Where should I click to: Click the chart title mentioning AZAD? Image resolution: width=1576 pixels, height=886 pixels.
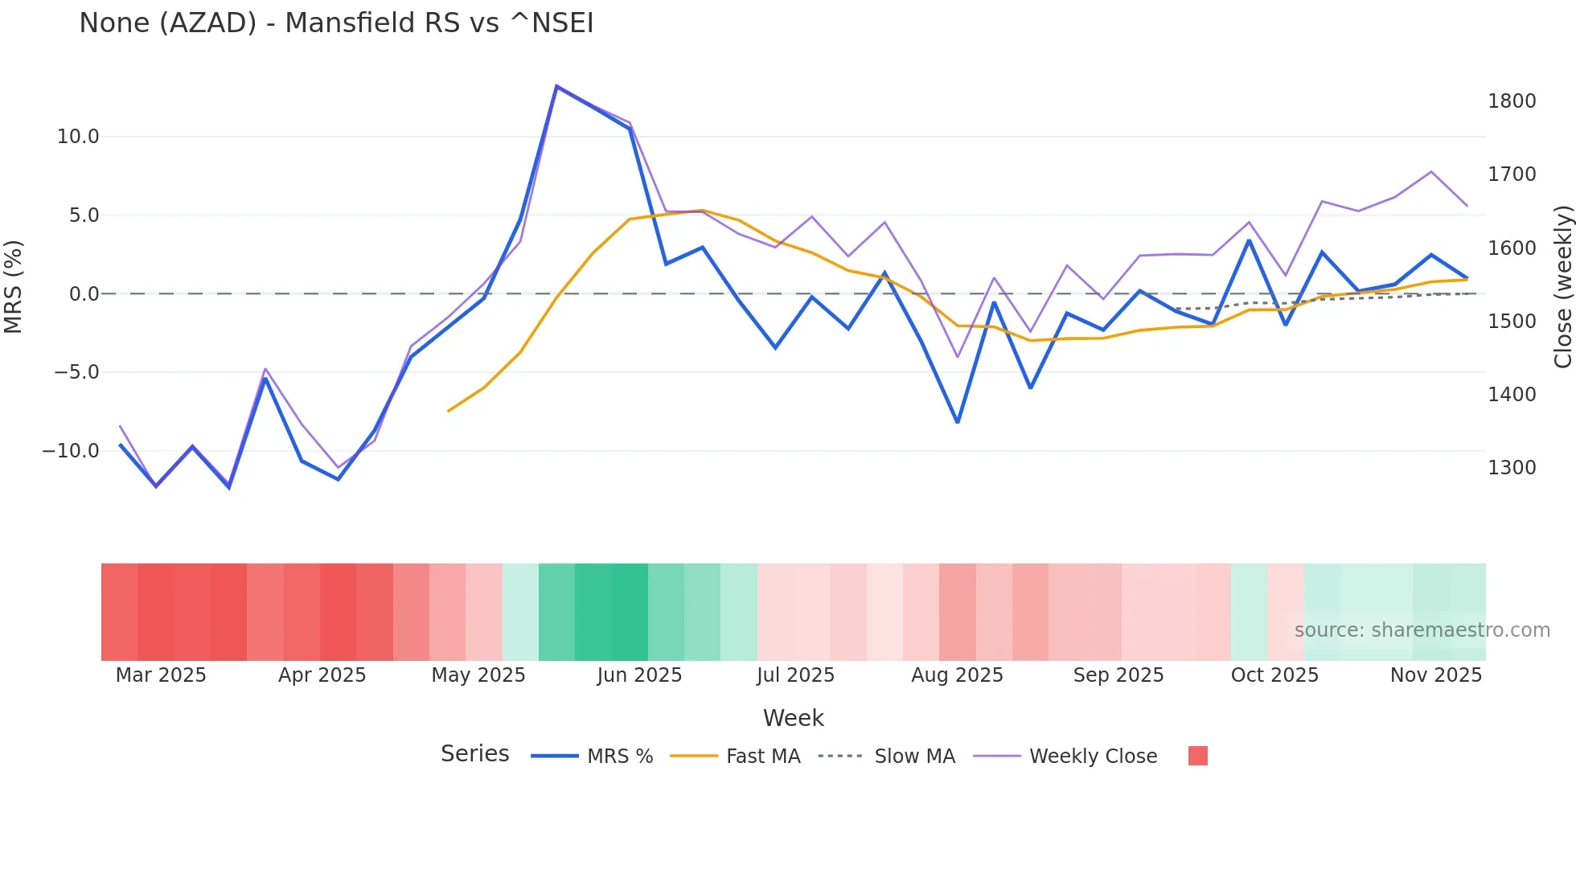(336, 23)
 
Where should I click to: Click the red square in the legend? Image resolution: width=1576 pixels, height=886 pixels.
(1197, 756)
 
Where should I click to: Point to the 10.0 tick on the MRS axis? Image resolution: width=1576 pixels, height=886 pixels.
(78, 137)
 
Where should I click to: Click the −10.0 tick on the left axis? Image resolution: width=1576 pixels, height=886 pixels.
(71, 451)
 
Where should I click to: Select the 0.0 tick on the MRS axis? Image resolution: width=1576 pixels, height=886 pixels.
(84, 294)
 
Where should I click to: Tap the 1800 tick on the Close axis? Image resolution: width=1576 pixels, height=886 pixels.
(1512, 101)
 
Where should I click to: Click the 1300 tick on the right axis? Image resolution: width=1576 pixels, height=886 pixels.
(1512, 468)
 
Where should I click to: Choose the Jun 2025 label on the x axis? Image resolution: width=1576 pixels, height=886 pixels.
(639, 675)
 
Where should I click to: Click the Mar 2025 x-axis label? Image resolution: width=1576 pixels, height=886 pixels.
(161, 675)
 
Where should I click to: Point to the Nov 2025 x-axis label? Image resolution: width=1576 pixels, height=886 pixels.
(1436, 675)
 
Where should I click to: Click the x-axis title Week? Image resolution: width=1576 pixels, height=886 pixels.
(793, 718)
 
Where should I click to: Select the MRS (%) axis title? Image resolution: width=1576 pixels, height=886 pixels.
(13, 286)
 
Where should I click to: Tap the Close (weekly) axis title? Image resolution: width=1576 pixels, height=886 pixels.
(1562, 286)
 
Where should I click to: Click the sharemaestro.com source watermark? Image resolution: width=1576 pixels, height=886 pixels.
(1422, 630)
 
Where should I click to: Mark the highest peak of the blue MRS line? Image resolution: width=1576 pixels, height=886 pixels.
(556, 86)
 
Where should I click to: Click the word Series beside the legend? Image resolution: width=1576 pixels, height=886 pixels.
(474, 754)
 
